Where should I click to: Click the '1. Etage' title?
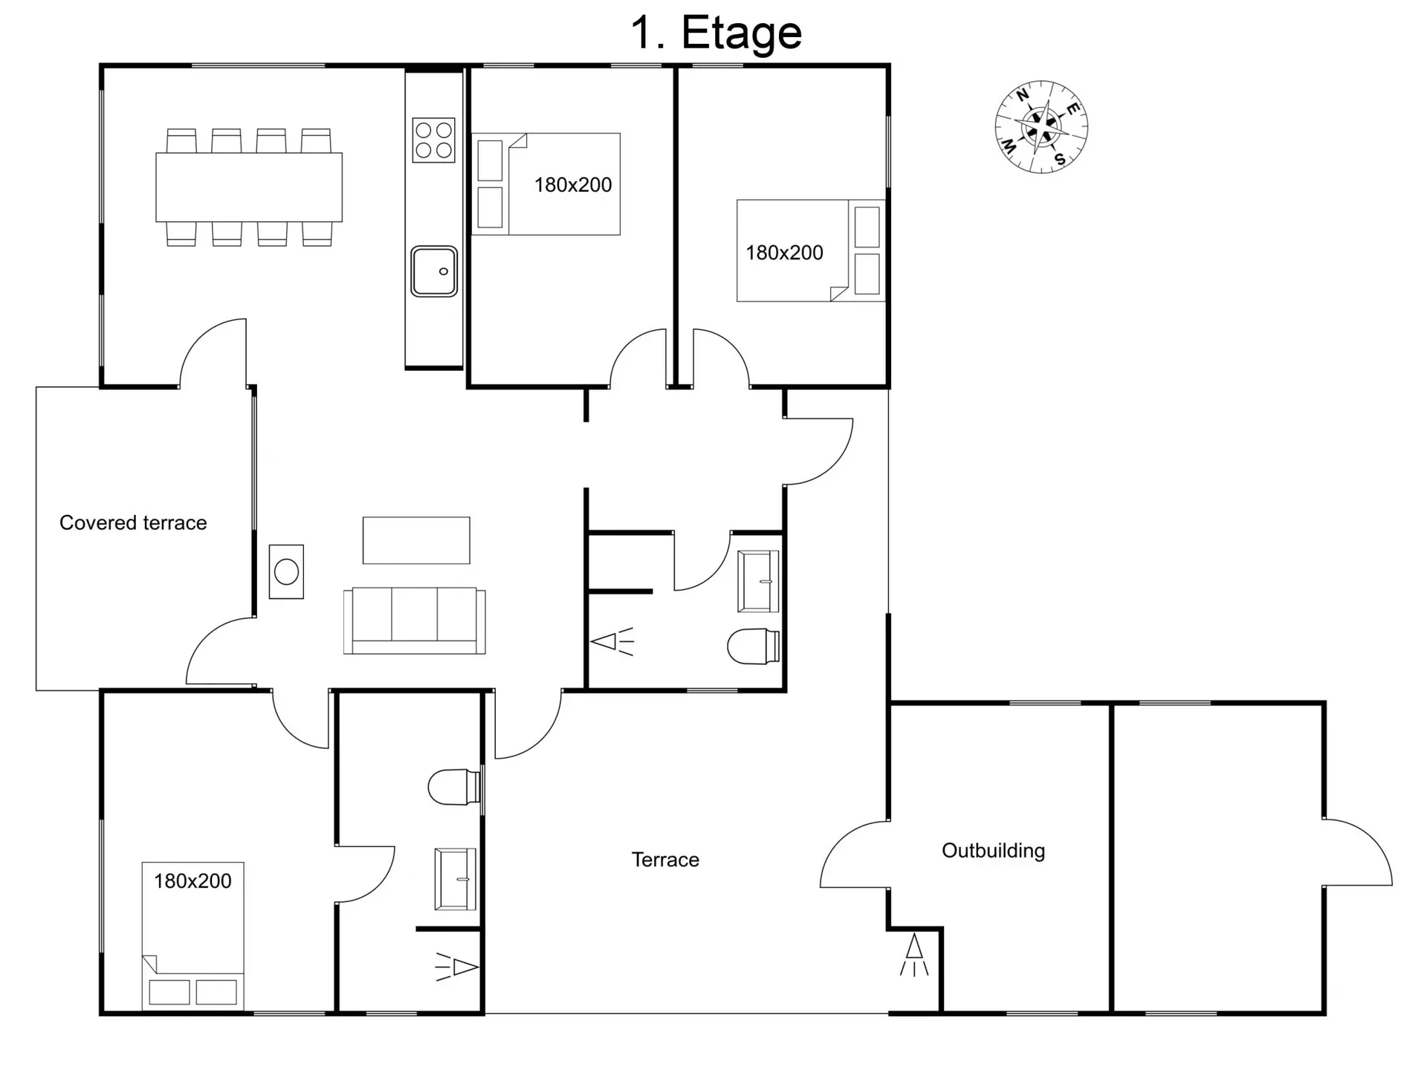tap(716, 33)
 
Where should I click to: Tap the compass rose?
tap(1041, 127)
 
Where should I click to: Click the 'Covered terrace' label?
tap(133, 523)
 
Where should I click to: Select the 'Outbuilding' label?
tap(993, 851)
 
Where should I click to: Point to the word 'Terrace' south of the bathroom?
tap(665, 860)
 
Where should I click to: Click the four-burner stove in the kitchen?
tap(434, 140)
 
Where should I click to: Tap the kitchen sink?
tap(434, 271)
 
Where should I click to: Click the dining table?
tap(249, 187)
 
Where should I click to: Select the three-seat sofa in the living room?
tap(415, 621)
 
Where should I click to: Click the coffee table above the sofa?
tap(416, 540)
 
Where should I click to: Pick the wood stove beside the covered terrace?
tap(286, 571)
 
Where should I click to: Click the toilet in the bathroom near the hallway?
tap(753, 646)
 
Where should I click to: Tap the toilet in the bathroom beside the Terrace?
tap(454, 787)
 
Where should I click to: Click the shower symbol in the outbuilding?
tap(914, 955)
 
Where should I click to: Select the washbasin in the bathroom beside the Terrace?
tap(455, 879)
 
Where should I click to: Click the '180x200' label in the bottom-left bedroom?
tap(192, 881)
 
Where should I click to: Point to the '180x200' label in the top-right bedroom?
tap(784, 253)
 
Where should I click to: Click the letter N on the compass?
tap(1023, 95)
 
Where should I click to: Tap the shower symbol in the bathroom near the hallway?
tap(612, 641)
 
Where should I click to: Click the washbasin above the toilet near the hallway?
tap(758, 581)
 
